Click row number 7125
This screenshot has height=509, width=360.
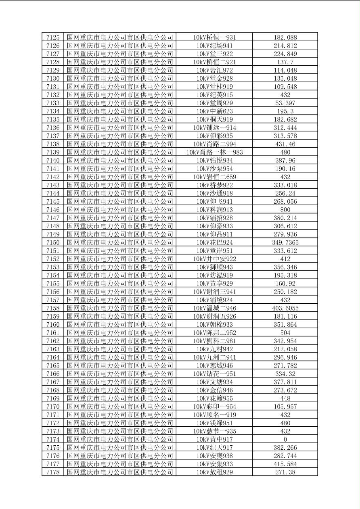tap(53, 38)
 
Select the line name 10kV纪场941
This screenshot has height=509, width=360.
tap(214, 46)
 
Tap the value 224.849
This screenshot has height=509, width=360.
tap(285, 54)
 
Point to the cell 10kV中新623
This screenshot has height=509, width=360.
tap(214, 111)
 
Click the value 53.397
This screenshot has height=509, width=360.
tap(285, 103)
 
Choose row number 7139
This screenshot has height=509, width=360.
tap(53, 152)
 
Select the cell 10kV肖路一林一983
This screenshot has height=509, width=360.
tap(214, 152)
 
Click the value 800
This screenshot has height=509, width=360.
tap(285, 210)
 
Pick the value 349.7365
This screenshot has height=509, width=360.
tap(285, 242)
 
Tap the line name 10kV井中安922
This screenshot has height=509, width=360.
tap(214, 259)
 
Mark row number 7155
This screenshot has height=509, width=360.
tap(53, 284)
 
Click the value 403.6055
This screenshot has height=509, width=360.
tap(285, 308)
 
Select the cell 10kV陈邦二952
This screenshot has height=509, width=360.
tap(214, 333)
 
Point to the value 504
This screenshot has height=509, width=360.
tap(285, 333)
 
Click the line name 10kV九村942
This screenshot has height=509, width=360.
tap(214, 349)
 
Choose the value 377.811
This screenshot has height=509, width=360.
tap(285, 382)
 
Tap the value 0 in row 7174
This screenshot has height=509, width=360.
tap(285, 439)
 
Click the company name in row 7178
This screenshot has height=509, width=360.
tap(120, 472)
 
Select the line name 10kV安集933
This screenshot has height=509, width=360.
tap(214, 464)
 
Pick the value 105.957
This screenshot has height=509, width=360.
tap(285, 407)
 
